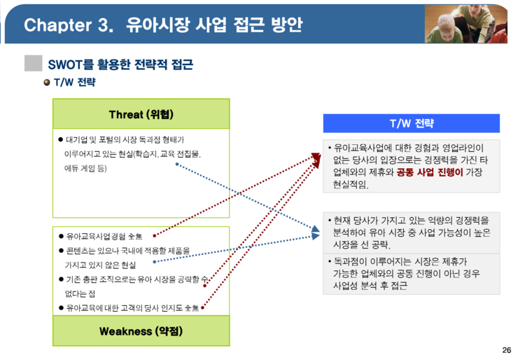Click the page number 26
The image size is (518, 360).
pyautogui.click(x=506, y=350)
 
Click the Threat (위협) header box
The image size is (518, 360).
pyautogui.click(x=141, y=113)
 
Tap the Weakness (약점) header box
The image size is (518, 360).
pyautogui.click(x=141, y=331)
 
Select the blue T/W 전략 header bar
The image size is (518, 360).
pyautogui.click(x=412, y=123)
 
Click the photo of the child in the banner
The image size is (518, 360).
pyautogui.click(x=465, y=24)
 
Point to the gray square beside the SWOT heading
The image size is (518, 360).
pyautogui.click(x=34, y=63)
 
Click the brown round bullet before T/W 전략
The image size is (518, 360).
pyautogui.click(x=47, y=83)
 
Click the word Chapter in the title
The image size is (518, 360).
pyautogui.click(x=58, y=25)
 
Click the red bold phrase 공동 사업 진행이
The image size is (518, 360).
pyautogui.click(x=430, y=172)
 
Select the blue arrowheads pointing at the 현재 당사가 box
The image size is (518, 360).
pyautogui.click(x=316, y=232)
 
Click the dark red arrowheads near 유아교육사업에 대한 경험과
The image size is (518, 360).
pyautogui.click(x=316, y=160)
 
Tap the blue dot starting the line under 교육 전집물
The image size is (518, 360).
pyautogui.click(x=177, y=164)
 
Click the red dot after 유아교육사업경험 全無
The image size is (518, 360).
pyautogui.click(x=154, y=236)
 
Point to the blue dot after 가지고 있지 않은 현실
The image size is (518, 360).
pyautogui.click(x=154, y=262)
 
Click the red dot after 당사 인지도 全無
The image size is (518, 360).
pyautogui.click(x=202, y=307)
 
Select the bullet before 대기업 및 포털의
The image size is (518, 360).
pyautogui.click(x=60, y=139)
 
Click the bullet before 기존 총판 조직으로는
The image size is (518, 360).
pyautogui.click(x=61, y=279)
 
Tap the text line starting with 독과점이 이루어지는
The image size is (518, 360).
pyautogui.click(x=400, y=261)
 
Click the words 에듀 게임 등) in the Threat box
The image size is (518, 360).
pyautogui.click(x=85, y=168)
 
